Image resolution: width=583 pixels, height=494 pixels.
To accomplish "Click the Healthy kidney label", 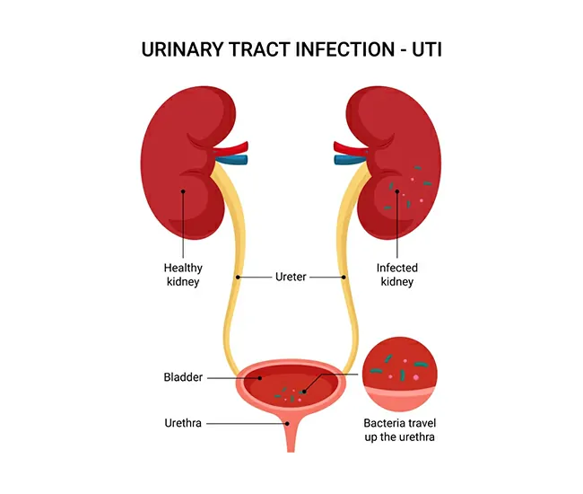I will (x=183, y=275).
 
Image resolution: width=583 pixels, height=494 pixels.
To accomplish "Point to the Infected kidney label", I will (x=396, y=275).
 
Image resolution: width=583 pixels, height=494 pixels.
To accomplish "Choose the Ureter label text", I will (x=291, y=278).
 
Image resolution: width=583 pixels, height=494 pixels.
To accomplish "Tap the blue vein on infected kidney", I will (x=345, y=161).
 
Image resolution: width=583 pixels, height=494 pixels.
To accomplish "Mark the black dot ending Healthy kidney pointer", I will (x=183, y=190).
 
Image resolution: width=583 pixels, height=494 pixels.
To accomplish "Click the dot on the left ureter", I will (x=238, y=278).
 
